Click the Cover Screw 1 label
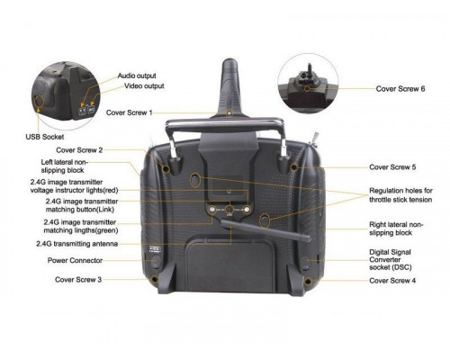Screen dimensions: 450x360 point(130,112)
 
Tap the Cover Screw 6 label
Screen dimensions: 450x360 point(400,89)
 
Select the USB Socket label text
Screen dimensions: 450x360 point(45,137)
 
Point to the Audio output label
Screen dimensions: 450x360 point(137,76)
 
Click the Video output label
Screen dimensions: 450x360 point(144,86)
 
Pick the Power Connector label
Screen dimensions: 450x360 point(75,260)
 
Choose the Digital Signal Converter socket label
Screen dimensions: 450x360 point(391,260)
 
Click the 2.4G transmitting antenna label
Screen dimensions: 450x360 point(77,244)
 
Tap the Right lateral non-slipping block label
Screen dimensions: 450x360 point(396,229)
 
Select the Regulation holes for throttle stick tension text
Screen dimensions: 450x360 point(400,195)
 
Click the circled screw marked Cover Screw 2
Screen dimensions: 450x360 point(166,168)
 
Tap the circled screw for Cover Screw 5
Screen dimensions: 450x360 point(293,166)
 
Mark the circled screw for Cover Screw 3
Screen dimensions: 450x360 point(155,280)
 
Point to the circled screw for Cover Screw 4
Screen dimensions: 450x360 point(308,282)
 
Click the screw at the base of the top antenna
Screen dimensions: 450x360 point(229,113)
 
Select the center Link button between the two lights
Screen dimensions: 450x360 point(229,210)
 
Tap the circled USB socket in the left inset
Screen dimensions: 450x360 point(39,101)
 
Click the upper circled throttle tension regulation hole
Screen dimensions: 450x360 point(195,180)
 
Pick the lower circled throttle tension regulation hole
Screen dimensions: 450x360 point(265,220)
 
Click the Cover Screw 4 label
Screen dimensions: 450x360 point(392,281)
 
